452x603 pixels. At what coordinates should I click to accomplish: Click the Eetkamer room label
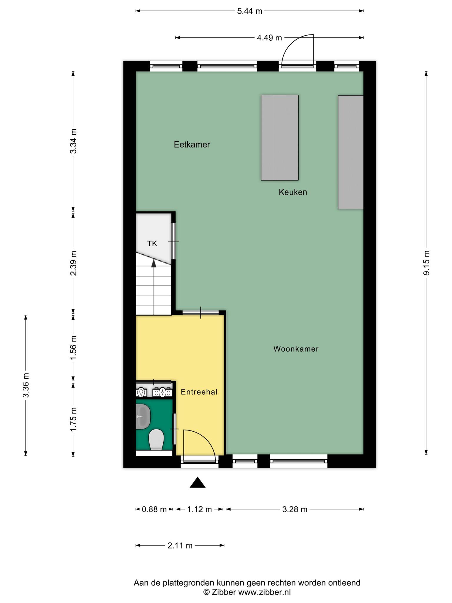[192, 145]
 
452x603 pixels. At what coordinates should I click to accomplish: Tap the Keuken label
[293, 192]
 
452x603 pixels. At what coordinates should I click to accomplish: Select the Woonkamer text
[296, 349]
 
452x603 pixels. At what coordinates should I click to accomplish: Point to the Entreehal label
[199, 392]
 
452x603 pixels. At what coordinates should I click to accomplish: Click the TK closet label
[152, 243]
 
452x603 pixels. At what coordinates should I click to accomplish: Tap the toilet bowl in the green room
[156, 440]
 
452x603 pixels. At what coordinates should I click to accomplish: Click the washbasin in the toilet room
[143, 416]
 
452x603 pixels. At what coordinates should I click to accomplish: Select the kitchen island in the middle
[280, 138]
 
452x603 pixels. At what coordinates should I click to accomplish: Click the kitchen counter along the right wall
[351, 152]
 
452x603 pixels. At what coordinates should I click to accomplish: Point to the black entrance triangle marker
[197, 483]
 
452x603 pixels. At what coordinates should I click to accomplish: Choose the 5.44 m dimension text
[250, 11]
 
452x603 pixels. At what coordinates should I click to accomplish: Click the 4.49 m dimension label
[269, 38]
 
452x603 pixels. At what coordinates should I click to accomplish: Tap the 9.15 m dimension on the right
[426, 263]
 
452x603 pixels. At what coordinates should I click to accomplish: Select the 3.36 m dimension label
[26, 385]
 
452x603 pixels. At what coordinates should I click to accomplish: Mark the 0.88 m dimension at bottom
[154, 509]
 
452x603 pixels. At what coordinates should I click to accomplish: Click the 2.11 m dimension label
[180, 546]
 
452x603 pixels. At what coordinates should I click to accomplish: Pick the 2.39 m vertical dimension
[73, 263]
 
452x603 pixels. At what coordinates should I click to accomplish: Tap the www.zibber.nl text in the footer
[264, 592]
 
